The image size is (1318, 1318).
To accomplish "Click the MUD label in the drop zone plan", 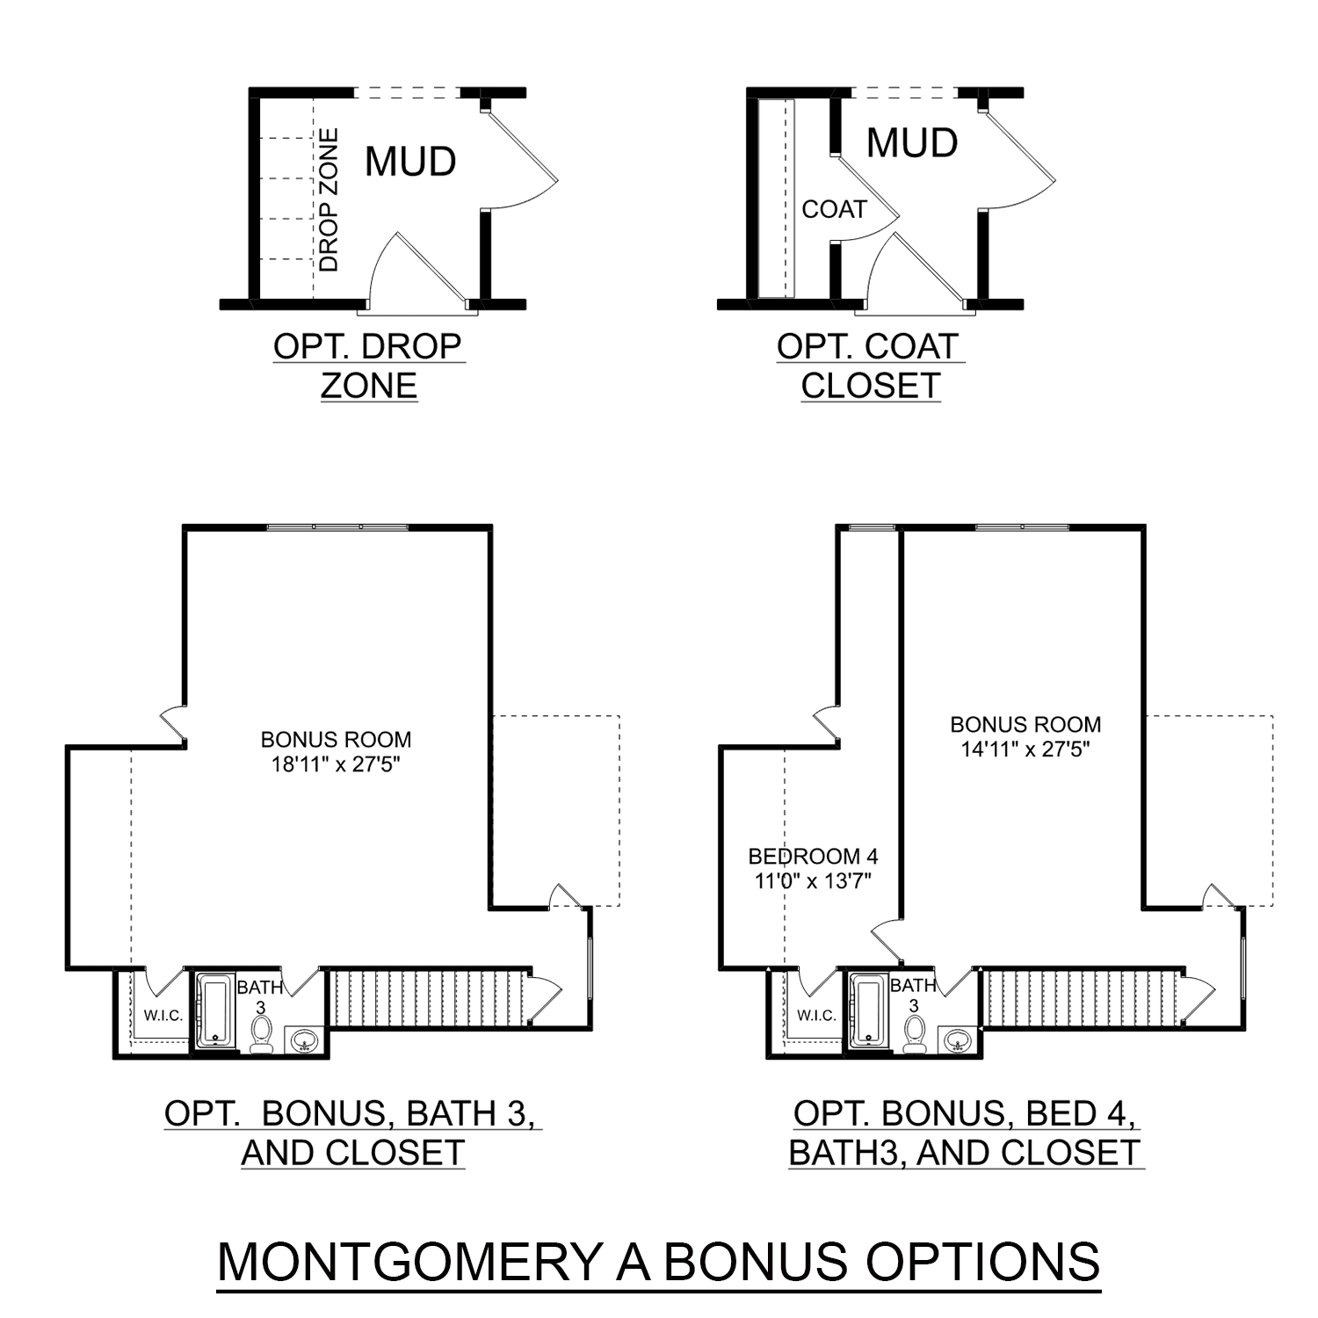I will pyautogui.click(x=410, y=162).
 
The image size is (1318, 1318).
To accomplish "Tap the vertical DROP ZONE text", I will pyautogui.click(x=329, y=200).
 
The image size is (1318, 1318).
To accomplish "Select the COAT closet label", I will pyautogui.click(x=834, y=209).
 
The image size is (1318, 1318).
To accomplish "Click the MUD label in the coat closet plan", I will pyautogui.click(x=912, y=143).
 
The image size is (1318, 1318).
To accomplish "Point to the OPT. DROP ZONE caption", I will pyautogui.click(x=367, y=366).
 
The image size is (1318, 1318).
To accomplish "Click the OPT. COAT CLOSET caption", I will pyautogui.click(x=870, y=366).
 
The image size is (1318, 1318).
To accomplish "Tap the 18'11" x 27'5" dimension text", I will pyautogui.click(x=336, y=764).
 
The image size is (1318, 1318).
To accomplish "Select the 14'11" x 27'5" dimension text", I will pyautogui.click(x=1025, y=750).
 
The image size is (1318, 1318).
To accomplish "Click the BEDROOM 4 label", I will pyautogui.click(x=813, y=856).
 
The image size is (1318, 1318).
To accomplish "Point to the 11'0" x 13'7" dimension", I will pyautogui.click(x=813, y=880).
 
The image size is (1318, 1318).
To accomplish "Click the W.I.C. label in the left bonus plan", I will pyautogui.click(x=163, y=1016).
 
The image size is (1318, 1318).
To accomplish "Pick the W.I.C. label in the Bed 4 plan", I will pyautogui.click(x=816, y=1016).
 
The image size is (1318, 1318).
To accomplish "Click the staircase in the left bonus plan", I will pyautogui.click(x=429, y=997).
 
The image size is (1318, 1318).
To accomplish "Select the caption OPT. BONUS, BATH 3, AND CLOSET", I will pyautogui.click(x=352, y=1133).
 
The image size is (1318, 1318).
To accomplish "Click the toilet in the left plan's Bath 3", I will pyautogui.click(x=261, y=1033).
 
